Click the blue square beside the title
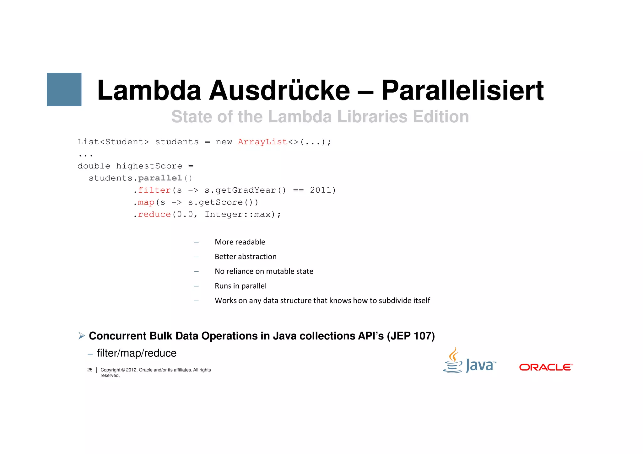point(64,89)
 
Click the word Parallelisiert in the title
point(462,91)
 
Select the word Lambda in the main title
point(149,91)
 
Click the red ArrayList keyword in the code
point(262,142)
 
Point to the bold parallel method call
point(160,178)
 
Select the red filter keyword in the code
point(154,190)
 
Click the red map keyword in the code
point(146,202)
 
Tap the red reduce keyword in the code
point(154,215)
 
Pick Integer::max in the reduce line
point(238,215)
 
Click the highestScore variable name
point(149,166)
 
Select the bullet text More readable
point(240,242)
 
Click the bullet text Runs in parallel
point(240,286)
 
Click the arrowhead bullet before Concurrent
point(82,336)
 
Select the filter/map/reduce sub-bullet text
point(137,353)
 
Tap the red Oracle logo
point(546,367)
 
